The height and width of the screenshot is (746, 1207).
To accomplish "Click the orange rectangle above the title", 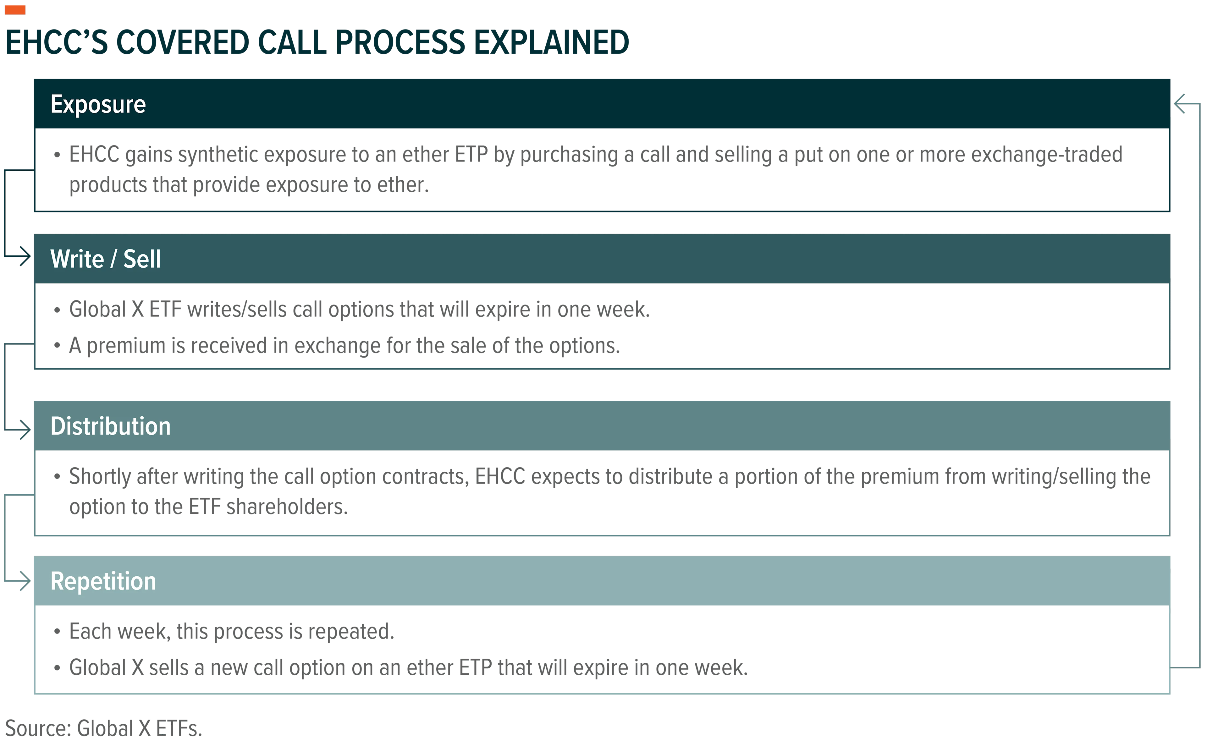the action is (15, 9).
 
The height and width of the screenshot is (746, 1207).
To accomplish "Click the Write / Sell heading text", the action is (106, 259).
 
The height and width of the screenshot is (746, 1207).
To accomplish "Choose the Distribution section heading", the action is (111, 426).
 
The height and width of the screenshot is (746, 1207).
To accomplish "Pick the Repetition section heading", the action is (103, 581).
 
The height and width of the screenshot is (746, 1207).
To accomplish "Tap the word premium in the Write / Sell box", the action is (126, 346).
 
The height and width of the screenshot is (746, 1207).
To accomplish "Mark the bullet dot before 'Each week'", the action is (57, 632).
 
